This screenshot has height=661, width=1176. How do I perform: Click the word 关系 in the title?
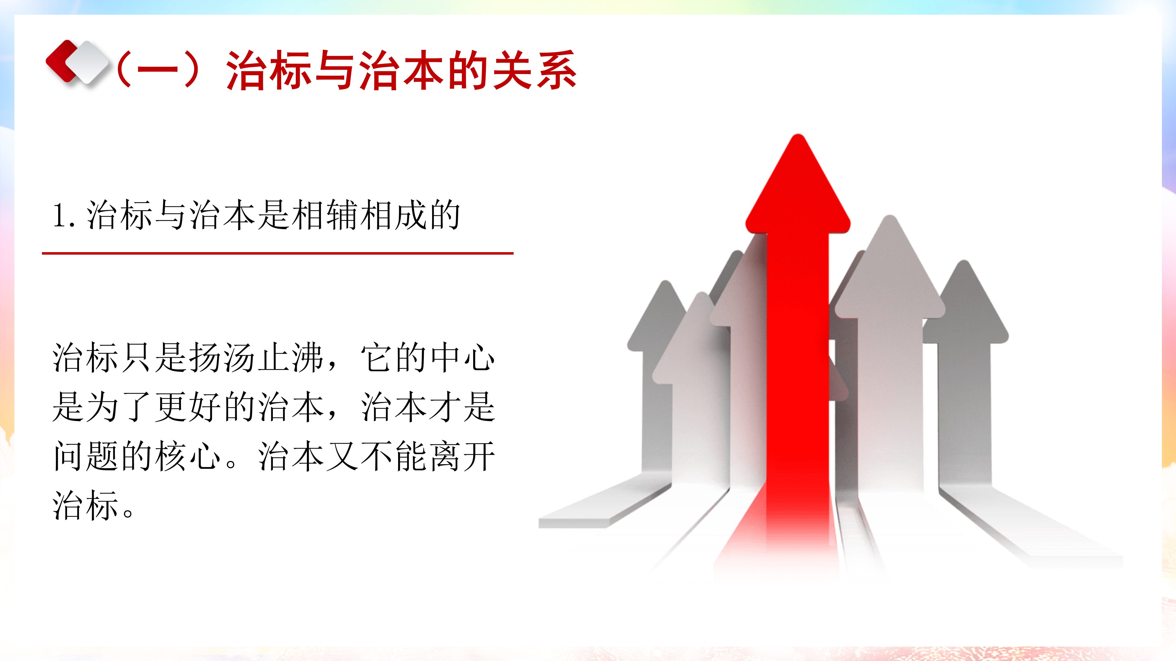[534, 70]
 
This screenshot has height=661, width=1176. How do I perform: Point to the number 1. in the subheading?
[64, 215]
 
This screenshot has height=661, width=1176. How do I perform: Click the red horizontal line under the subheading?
[277, 253]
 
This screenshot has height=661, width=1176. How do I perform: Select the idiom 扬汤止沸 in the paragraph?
[257, 357]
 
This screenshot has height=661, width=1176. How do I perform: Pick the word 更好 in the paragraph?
[189, 406]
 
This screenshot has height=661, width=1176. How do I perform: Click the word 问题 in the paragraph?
[86, 456]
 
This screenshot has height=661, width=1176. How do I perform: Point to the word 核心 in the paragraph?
[188, 456]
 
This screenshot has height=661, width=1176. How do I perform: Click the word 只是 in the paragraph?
[154, 357]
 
